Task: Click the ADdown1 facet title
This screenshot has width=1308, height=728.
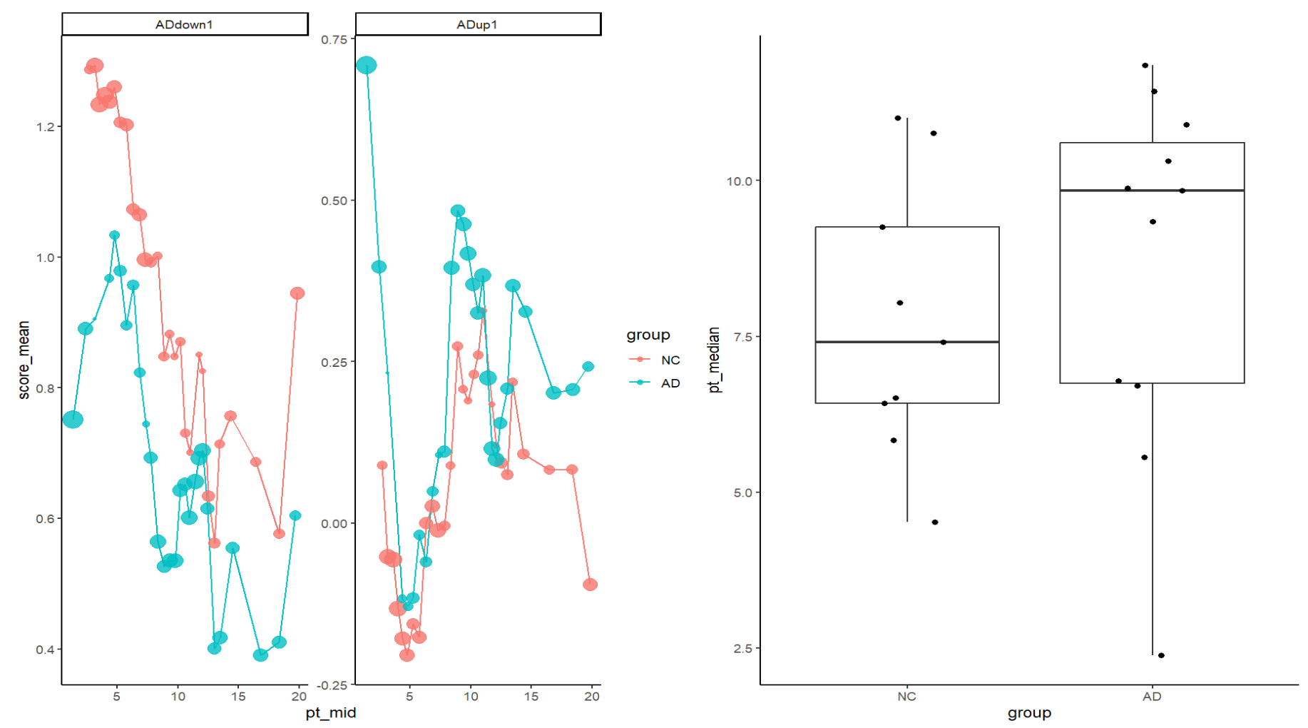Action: (185, 24)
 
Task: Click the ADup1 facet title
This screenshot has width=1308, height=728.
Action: (477, 24)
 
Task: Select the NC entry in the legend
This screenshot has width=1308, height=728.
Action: (670, 360)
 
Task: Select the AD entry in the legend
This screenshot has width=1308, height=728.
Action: (670, 383)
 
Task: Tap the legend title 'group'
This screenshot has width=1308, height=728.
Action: (648, 335)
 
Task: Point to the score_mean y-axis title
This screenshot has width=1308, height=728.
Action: (24, 360)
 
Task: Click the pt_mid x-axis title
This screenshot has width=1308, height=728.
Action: (330, 712)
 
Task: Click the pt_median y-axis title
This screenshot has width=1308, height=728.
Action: (715, 360)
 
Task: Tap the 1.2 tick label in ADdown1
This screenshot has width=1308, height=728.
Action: (45, 127)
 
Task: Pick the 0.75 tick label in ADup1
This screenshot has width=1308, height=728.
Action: (333, 40)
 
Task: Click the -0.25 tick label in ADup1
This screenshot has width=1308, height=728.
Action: (333, 685)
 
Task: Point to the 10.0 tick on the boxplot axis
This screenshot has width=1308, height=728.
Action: (740, 181)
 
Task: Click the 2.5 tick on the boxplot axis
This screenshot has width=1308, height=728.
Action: (742, 649)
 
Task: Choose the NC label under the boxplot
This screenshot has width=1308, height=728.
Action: (906, 697)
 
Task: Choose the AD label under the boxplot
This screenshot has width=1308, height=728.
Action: (1152, 697)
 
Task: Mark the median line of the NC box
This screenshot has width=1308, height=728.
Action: (907, 342)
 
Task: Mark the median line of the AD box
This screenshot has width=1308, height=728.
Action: (1152, 191)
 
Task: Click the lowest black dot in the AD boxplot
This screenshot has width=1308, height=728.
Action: (1161, 655)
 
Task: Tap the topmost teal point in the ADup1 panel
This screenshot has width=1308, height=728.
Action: (367, 66)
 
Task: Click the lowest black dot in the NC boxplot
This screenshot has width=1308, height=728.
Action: (935, 522)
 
